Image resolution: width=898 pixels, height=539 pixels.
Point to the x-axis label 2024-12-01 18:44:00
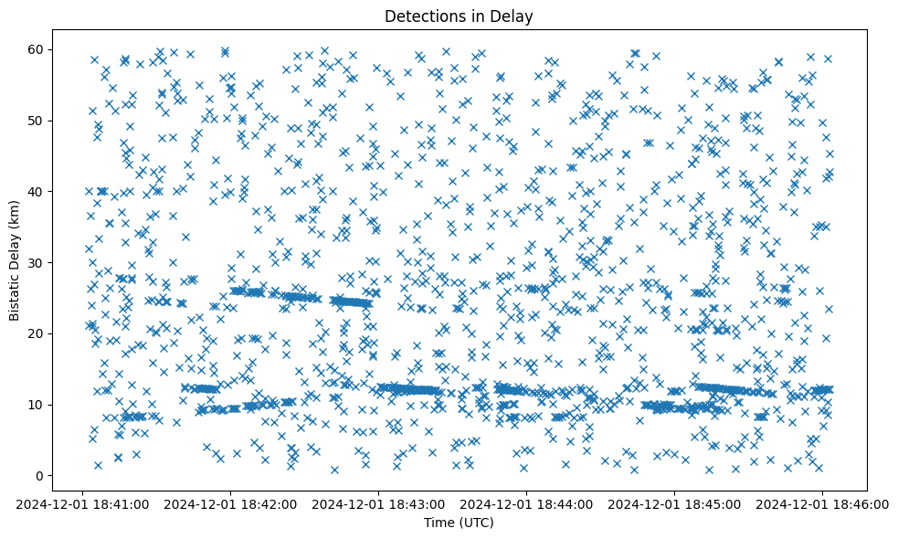pos(526,504)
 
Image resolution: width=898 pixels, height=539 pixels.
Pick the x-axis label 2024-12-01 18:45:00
pos(675,504)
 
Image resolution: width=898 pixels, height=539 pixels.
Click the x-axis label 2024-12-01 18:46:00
pos(823,504)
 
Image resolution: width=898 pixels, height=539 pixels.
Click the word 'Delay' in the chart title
pos(514,16)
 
